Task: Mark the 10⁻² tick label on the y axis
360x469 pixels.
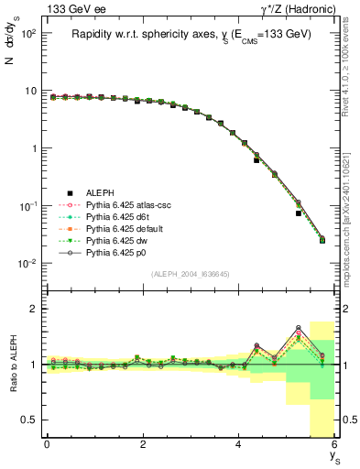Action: click(x=27, y=264)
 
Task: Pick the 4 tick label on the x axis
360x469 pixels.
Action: click(x=238, y=444)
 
